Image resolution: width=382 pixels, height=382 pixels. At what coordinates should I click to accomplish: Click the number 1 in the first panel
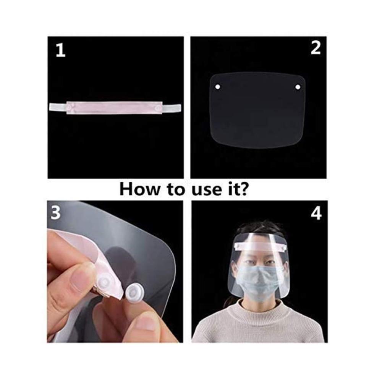(61, 51)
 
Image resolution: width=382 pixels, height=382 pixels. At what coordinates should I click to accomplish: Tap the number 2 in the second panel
(316, 48)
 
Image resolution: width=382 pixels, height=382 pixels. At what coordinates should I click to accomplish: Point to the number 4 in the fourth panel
(316, 214)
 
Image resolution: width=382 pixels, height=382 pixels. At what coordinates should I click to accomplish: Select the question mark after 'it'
(243, 189)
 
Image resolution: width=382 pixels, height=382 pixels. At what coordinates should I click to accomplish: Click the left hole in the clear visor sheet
(218, 86)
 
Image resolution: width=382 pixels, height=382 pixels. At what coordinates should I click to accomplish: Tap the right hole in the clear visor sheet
(298, 87)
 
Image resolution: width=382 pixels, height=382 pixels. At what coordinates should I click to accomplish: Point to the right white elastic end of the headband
(172, 107)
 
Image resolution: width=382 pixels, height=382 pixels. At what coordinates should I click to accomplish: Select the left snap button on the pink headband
(72, 107)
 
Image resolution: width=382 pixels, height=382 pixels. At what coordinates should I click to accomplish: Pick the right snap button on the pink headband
(158, 107)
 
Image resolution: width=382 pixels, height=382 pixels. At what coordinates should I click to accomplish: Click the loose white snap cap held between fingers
(133, 292)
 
